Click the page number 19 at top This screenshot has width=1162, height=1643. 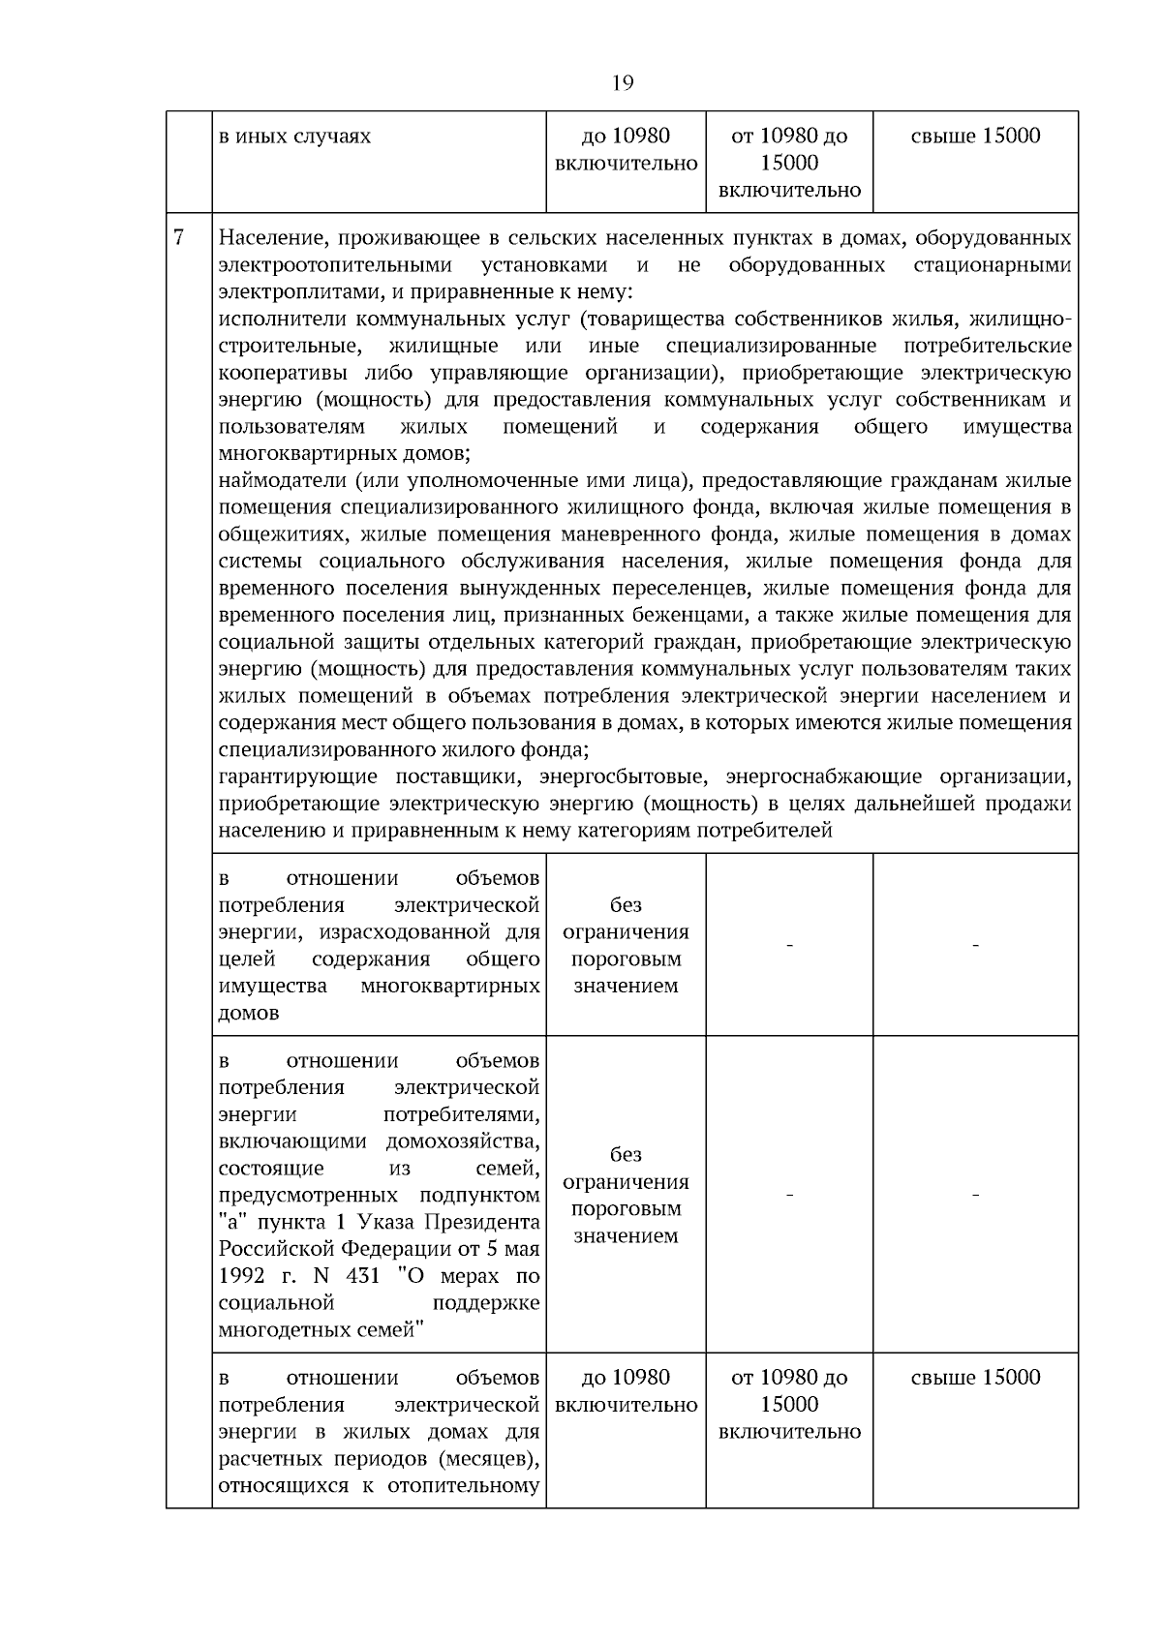pos(623,83)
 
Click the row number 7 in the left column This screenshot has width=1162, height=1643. pos(178,238)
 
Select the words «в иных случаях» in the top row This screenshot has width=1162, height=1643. pos(294,137)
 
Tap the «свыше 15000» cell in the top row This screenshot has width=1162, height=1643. pos(975,137)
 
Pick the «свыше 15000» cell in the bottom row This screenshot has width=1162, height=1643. pos(975,1378)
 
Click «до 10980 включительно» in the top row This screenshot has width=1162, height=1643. pos(626,150)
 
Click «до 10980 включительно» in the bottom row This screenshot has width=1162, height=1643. pos(626,1391)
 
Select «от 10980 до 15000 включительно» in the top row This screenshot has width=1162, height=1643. pos(789,163)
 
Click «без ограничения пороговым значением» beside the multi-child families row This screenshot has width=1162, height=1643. pos(626,1196)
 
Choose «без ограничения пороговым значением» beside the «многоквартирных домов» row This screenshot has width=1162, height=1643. pos(626,946)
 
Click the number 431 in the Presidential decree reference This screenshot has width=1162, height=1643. pos(362,1276)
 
